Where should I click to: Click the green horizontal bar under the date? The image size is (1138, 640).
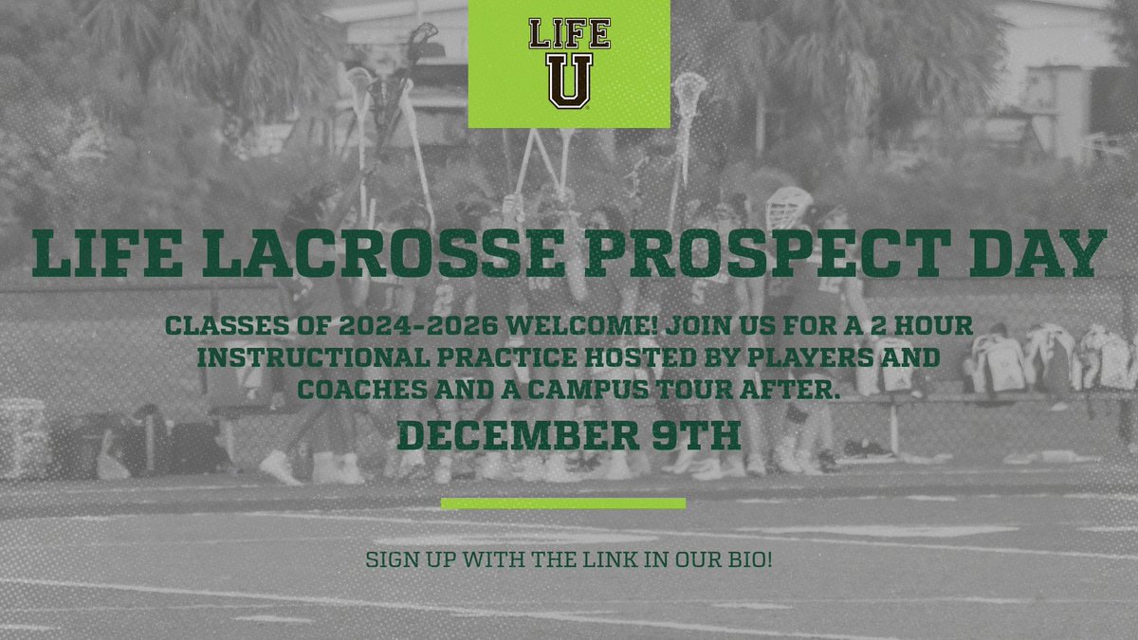click(563, 503)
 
